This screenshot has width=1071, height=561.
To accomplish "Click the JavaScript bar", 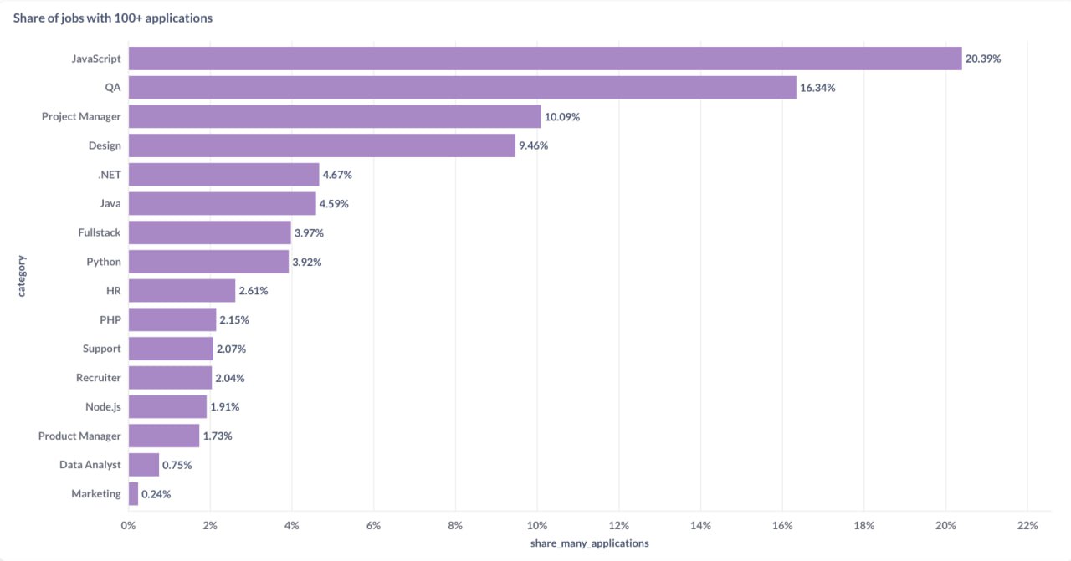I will (545, 59).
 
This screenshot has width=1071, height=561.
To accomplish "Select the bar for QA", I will (462, 88).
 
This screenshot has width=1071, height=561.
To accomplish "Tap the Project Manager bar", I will (335, 117).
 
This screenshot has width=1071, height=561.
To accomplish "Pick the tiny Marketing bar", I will (133, 494).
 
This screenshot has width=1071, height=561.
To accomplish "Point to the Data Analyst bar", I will (144, 465).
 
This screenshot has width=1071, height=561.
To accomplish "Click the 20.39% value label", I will (983, 59).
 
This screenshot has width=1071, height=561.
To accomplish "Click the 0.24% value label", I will (156, 494).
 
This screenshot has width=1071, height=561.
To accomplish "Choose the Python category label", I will (104, 262).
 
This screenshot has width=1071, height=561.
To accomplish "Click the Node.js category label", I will (103, 407).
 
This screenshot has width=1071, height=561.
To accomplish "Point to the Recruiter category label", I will (99, 378).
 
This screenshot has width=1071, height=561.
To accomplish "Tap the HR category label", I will (113, 291).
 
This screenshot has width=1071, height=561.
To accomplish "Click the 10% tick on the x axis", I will (537, 526).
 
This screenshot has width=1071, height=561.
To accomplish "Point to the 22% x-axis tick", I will (1027, 526).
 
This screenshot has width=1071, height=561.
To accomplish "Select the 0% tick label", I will (128, 526).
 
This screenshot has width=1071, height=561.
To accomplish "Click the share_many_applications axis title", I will (589, 543).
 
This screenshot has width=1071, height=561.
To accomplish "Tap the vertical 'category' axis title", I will (22, 276).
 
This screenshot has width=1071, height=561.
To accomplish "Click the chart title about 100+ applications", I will (112, 18).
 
